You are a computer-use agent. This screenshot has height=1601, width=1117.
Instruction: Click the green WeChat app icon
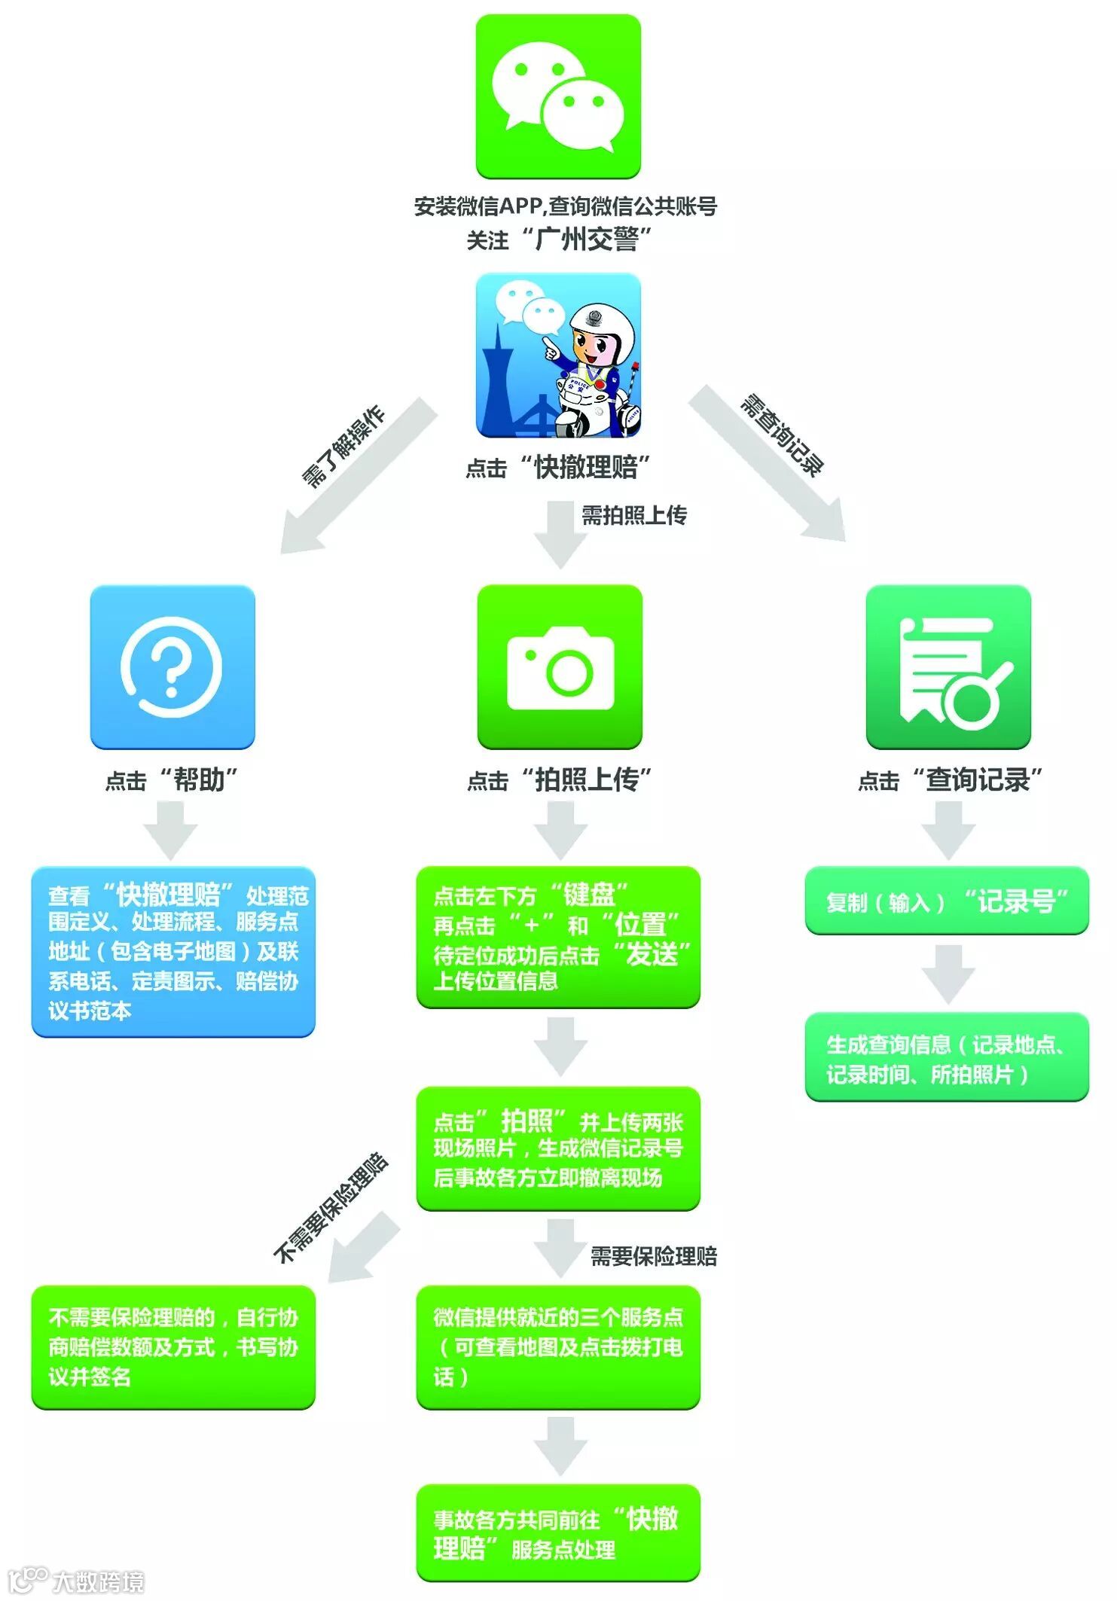[558, 96]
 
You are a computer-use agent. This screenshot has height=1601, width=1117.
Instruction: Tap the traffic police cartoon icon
[558, 355]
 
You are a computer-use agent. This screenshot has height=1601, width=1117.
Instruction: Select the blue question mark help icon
[172, 666]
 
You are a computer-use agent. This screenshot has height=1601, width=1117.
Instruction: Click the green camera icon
[560, 666]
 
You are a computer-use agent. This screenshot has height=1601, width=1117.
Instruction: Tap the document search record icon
[948, 666]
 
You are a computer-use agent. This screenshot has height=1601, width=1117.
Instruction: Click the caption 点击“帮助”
[172, 779]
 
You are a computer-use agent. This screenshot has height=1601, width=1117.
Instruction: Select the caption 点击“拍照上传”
[559, 779]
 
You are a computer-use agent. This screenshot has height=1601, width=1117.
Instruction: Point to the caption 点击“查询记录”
[950, 779]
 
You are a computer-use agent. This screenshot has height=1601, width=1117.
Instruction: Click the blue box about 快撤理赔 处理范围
[173, 951]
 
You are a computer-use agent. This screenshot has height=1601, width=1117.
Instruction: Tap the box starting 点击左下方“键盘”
[558, 937]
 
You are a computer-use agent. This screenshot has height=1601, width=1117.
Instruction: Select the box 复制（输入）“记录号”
[947, 901]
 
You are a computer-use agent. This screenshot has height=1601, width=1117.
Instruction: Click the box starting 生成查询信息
[947, 1057]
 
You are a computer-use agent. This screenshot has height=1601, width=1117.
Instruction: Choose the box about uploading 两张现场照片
[558, 1148]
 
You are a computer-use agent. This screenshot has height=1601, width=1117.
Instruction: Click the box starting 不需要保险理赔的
[173, 1347]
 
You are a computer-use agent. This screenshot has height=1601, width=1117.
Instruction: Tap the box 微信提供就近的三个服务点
[558, 1347]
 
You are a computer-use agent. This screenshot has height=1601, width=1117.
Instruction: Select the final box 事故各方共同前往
[558, 1532]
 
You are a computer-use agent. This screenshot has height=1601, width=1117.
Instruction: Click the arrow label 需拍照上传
[633, 516]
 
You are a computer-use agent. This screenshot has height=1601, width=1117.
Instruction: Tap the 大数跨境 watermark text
[98, 1581]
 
